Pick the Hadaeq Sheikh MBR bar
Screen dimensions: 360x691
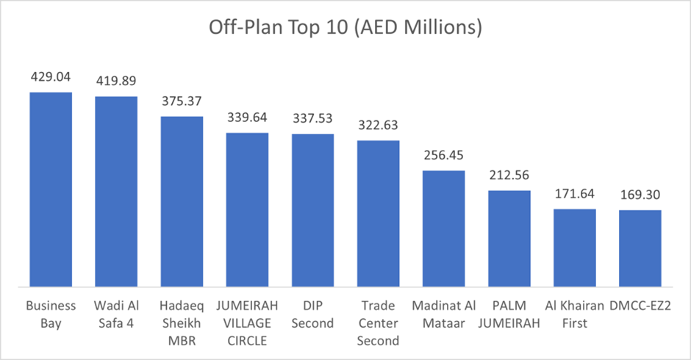coord(182,201)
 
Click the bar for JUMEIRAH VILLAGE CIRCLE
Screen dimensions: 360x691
coord(247,209)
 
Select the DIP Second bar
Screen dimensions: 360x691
coord(312,210)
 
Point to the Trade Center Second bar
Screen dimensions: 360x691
coord(378,213)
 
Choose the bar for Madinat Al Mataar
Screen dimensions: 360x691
coord(443,228)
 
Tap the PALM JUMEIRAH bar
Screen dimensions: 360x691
coord(509,238)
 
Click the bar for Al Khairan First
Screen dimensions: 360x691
coord(574,248)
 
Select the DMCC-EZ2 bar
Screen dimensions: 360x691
coord(640,248)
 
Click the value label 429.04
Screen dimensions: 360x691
coord(51,76)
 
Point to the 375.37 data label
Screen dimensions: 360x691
coord(182,100)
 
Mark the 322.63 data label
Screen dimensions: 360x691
coord(378,124)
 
